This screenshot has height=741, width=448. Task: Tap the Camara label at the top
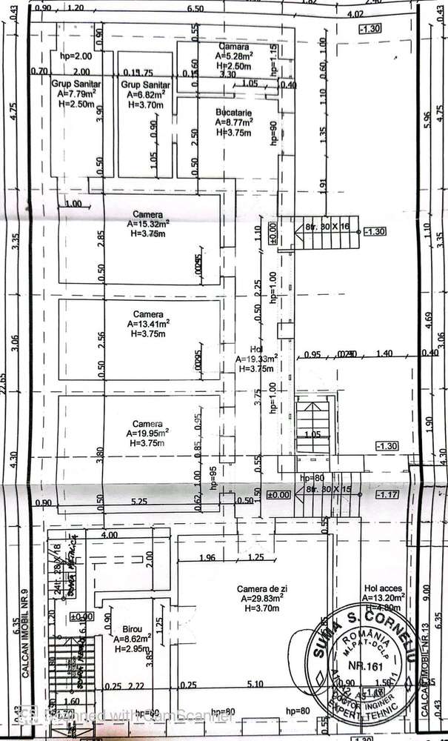[x=232, y=46]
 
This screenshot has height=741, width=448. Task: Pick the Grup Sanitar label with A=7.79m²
[x=73, y=84]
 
